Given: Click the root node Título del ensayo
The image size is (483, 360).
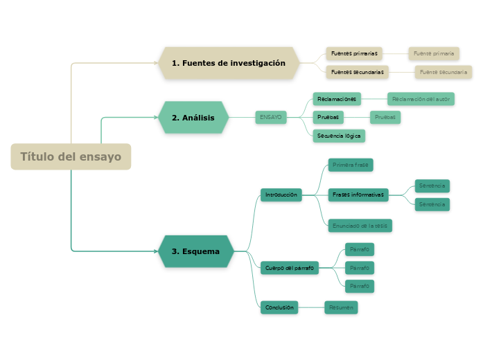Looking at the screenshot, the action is pos(71,156).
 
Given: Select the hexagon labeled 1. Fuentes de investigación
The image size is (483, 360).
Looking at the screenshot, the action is pos(229,63).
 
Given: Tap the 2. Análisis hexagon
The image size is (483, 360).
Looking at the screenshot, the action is pos(193,117).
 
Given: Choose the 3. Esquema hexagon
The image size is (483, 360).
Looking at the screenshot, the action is pos(196,251).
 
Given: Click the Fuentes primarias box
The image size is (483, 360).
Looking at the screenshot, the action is pos(354,53).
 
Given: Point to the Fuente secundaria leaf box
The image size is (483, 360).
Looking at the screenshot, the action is pos(444,72).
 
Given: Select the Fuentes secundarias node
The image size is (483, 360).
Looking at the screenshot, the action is pos(358,72).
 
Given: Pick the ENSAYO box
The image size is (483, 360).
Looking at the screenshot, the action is pos(271,117).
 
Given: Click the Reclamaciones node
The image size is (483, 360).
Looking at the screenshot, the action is pos(337,99).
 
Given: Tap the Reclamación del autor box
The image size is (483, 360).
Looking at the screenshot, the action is pos(421,99).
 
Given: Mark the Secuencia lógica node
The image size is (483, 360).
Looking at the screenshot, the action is pos(339,136).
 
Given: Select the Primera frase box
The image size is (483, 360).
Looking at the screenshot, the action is pos(351,165).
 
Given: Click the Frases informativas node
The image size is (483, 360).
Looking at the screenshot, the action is pos(358,195).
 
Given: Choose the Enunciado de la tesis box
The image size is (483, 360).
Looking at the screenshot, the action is pos(360,226).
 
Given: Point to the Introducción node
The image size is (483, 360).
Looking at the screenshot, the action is pos(281,195).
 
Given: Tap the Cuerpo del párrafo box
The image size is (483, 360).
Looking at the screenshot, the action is pos(290,268).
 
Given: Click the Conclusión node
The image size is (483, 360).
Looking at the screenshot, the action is pos(279,307).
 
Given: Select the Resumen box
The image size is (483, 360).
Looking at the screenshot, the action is pos(341,307).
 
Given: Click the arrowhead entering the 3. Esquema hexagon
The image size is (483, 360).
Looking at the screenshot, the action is pos(156,251).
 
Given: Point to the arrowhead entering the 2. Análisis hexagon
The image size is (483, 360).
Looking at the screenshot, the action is pos(156,117).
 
